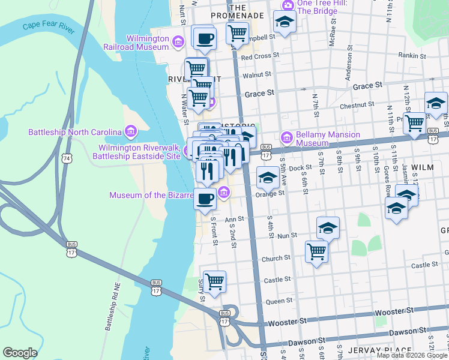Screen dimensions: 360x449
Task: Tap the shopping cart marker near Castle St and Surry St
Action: pos(214,280)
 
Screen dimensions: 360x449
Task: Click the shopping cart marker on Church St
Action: pos(316,251)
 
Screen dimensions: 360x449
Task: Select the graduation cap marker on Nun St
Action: pos(328,227)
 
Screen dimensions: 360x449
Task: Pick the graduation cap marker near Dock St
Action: pos(268,177)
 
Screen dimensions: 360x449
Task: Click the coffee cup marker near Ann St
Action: pos(205,197)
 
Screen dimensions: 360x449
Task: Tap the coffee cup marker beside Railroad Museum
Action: pos(203,38)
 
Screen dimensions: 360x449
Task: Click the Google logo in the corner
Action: pos(20,353)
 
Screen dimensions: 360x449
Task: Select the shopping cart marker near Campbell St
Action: pos(237,32)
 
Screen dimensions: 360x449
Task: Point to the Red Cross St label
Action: pos(256,58)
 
